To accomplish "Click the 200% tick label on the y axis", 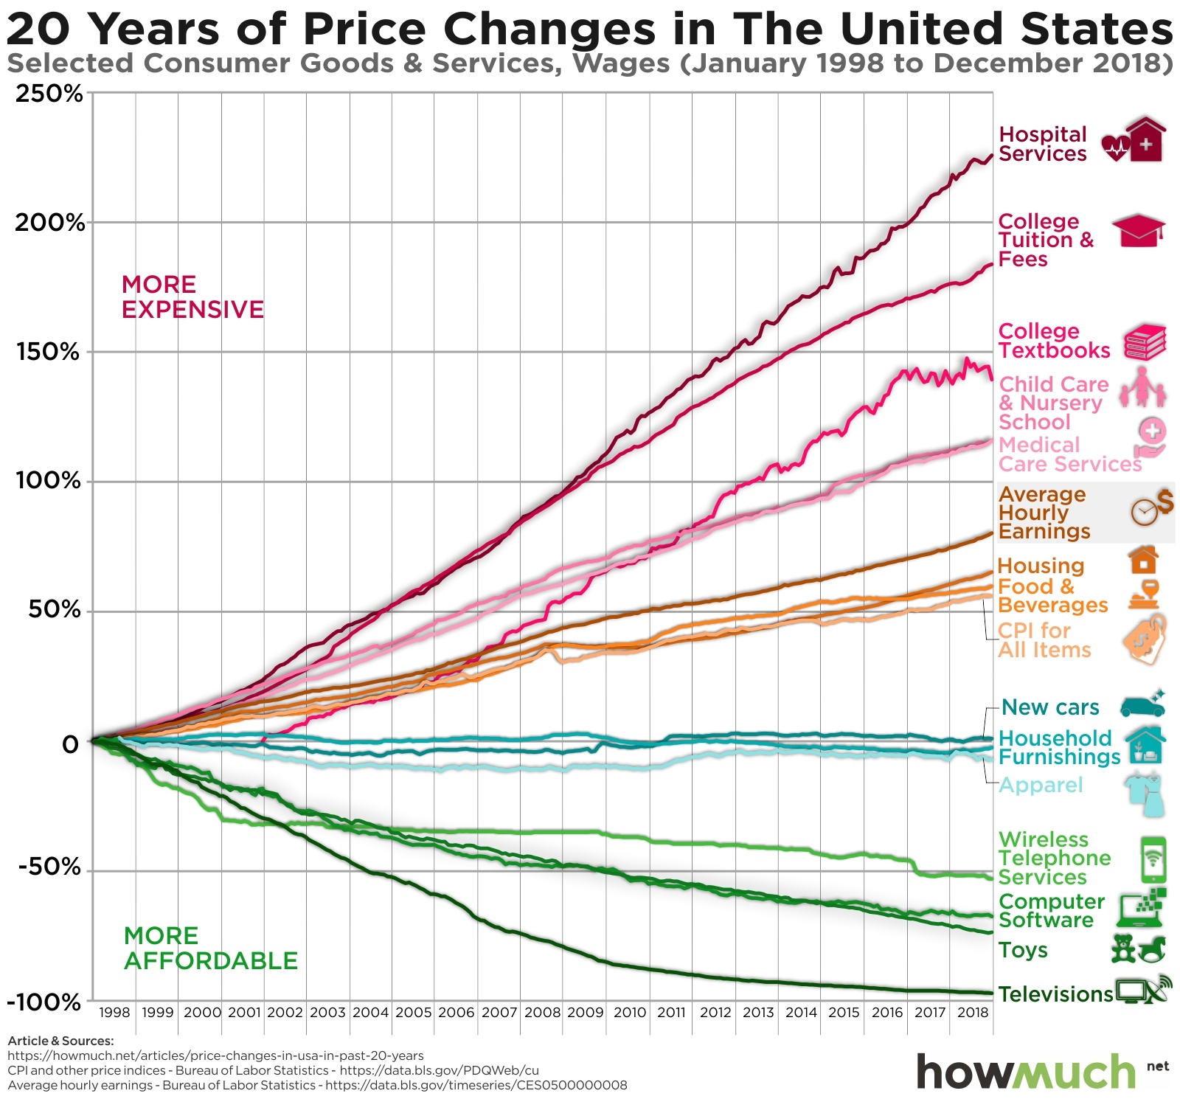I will pyautogui.click(x=49, y=223).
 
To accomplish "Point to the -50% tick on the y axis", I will pyautogui.click(x=49, y=867).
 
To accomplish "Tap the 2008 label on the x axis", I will pyautogui.click(x=542, y=1013).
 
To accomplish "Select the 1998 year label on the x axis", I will pyautogui.click(x=114, y=1013).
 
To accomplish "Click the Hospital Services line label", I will pyautogui.click(x=1042, y=145).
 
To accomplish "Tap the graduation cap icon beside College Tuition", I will pyautogui.click(x=1137, y=231).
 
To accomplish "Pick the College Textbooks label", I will pyautogui.click(x=1053, y=342).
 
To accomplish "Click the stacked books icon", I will pyautogui.click(x=1145, y=342).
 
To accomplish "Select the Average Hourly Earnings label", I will pyautogui.click(x=1044, y=513).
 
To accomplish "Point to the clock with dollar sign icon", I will pyautogui.click(x=1150, y=507).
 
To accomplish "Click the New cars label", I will pyautogui.click(x=1050, y=708).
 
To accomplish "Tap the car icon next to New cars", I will pyautogui.click(x=1142, y=705).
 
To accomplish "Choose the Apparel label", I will pyautogui.click(x=1040, y=786).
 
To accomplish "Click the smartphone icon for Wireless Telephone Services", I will pyautogui.click(x=1153, y=860).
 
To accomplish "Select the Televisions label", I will pyautogui.click(x=1055, y=995).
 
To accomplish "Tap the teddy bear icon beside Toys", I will pyautogui.click(x=1123, y=949).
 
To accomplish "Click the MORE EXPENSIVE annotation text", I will pyautogui.click(x=192, y=297).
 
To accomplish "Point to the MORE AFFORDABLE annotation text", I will pyautogui.click(x=210, y=949).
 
